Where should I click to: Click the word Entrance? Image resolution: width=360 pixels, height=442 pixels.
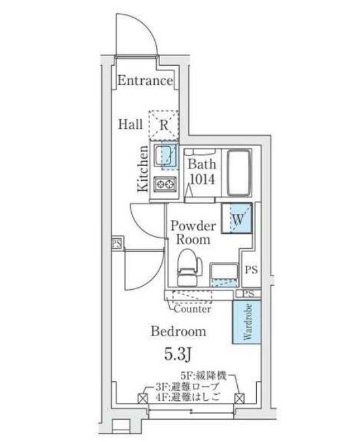(x=145, y=82)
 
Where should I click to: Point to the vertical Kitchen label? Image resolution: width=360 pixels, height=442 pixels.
(x=143, y=168)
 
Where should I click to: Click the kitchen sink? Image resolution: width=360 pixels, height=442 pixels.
(x=166, y=155)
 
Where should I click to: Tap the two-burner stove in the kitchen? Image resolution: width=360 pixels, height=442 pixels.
(x=165, y=185)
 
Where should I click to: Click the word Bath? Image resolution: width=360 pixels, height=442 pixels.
(x=202, y=164)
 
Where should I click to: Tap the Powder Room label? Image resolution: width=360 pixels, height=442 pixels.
(x=193, y=233)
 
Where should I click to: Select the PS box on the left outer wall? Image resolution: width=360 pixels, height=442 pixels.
(x=116, y=244)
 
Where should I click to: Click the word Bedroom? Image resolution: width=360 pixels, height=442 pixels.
(x=178, y=331)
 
